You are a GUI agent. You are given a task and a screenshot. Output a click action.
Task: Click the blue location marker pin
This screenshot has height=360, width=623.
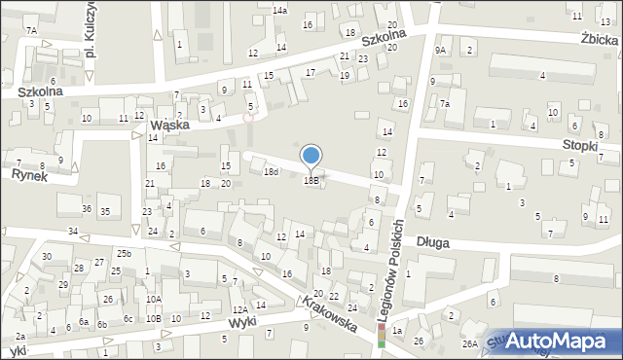point(311,156)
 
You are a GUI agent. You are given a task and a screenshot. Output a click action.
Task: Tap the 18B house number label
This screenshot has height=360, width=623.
point(311,180)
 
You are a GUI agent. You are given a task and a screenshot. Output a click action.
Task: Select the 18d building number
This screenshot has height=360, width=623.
point(271,172)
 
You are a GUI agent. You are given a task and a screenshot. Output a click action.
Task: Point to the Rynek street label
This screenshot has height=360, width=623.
point(29,175)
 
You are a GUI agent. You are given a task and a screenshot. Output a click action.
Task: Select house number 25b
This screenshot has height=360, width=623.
point(124,254)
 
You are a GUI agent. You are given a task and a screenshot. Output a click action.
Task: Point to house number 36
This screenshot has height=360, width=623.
point(87,210)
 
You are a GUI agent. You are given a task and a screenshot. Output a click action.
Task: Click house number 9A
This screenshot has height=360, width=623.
point(440,50)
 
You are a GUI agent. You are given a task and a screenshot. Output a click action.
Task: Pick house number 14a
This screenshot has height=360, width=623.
point(279,11)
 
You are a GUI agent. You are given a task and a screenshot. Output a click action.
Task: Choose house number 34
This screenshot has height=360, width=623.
point(73,231)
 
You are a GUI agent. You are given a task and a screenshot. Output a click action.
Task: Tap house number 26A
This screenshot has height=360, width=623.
point(469,343)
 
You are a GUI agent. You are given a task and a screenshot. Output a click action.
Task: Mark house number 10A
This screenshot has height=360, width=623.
point(153,299)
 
